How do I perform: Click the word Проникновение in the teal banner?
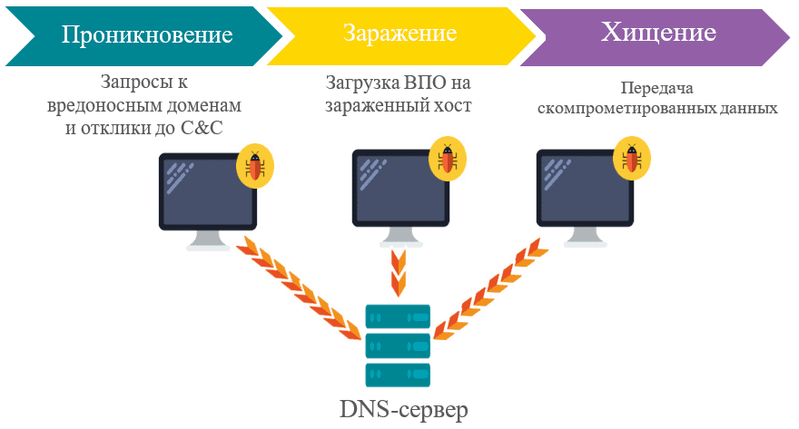pos(147,35)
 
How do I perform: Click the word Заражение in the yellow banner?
pos(399,34)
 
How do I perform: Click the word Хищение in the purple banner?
pos(658,33)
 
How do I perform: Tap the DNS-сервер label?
pos(404,410)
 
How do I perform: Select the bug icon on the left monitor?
pos(256,166)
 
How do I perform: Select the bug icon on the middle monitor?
pos(448,160)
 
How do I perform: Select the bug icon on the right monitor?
pos(633,159)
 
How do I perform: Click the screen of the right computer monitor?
pos(586,187)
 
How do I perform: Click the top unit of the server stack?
pos(397,317)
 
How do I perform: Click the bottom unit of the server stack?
pos(397,373)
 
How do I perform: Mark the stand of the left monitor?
pos(208,239)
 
